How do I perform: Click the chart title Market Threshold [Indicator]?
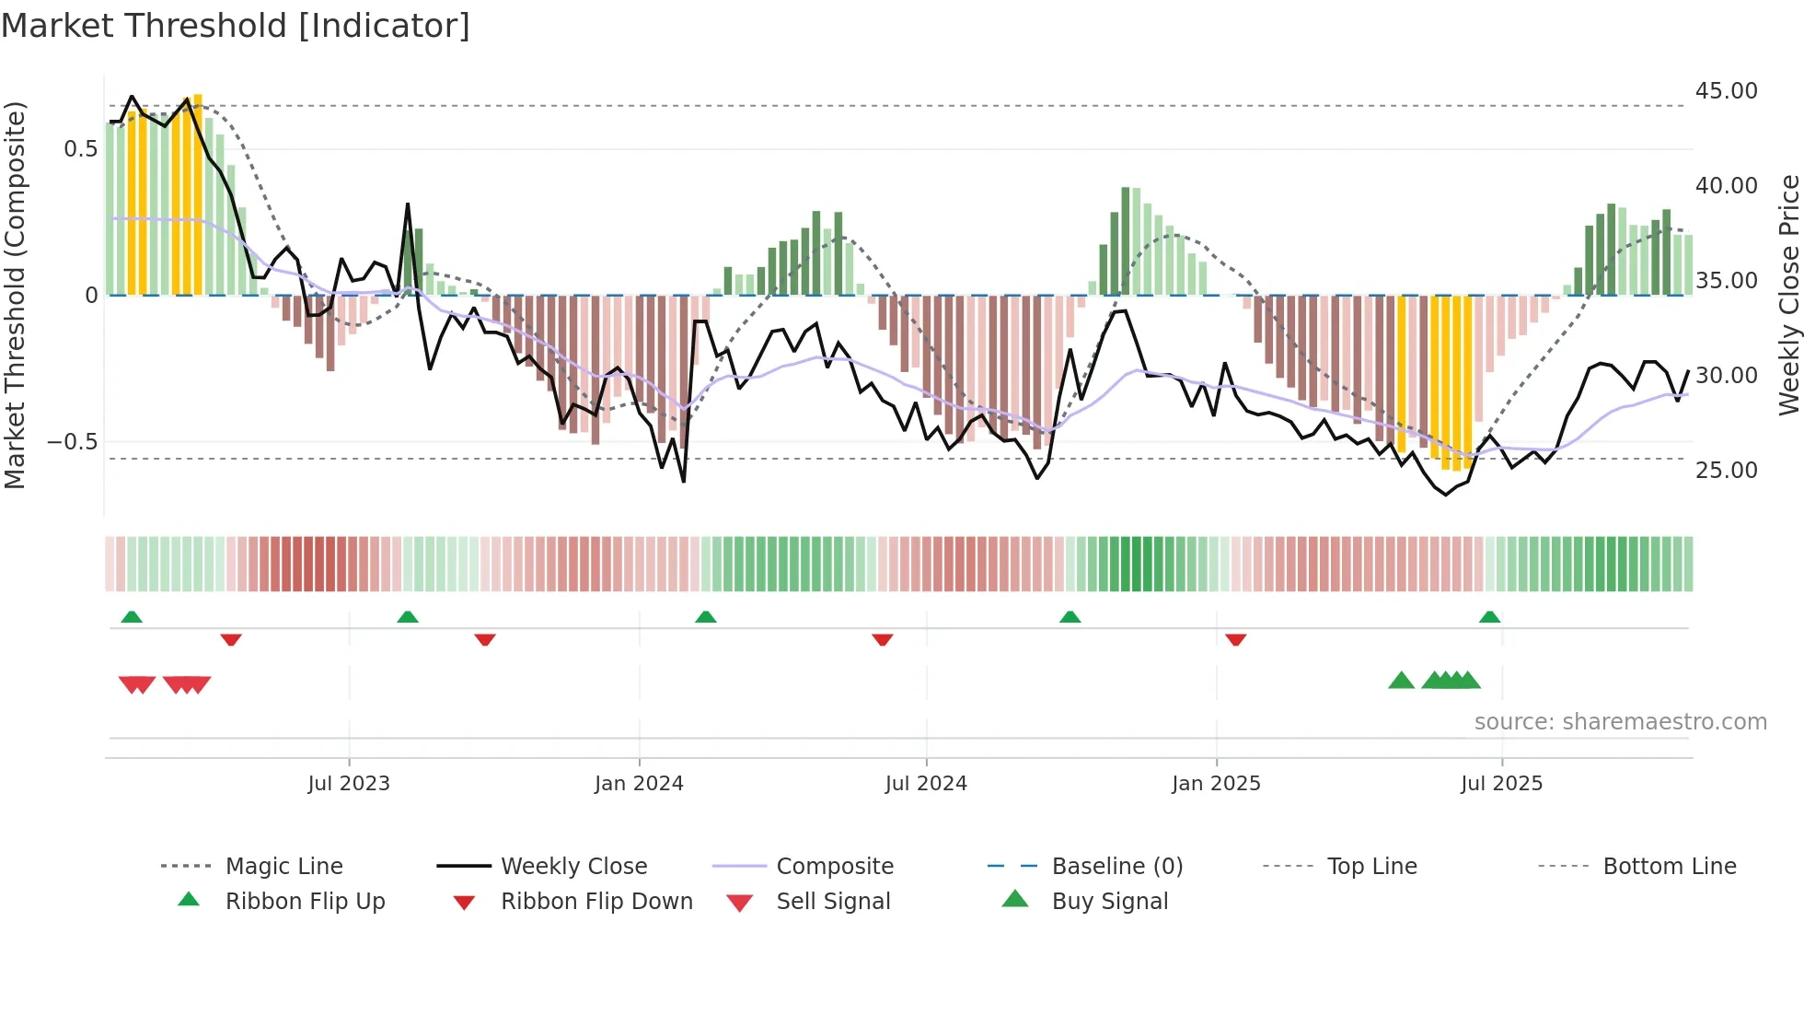(236, 26)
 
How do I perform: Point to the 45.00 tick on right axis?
(1726, 91)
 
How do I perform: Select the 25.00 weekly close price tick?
(1726, 471)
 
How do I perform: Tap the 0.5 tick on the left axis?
(80, 149)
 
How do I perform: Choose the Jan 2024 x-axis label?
(639, 784)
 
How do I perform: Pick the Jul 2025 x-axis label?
(1501, 784)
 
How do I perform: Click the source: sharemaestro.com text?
(1620, 722)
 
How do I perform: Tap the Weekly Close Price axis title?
(1788, 295)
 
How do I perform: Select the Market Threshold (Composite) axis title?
(15, 295)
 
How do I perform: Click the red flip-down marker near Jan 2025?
(1235, 639)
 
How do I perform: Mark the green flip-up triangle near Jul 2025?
(1489, 617)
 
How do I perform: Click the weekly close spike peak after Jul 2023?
(408, 204)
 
